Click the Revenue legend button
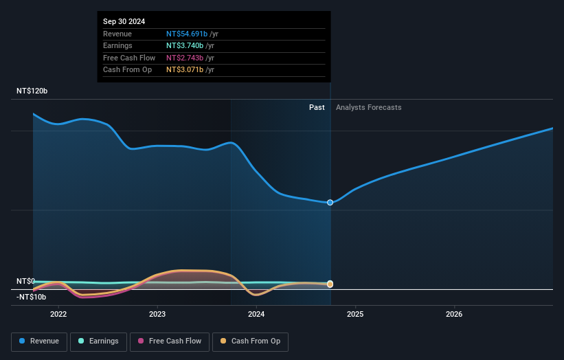pyautogui.click(x=39, y=341)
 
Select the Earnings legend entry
pyautogui.click(x=98, y=341)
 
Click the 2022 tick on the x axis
pyautogui.click(x=58, y=315)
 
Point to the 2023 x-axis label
pyautogui.click(x=157, y=315)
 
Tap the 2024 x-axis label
pyautogui.click(x=256, y=315)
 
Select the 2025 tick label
pyautogui.click(x=355, y=315)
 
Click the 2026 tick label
pyautogui.click(x=454, y=315)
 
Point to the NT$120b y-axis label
pyautogui.click(x=33, y=91)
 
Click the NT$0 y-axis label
pyautogui.click(x=27, y=281)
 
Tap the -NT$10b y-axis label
pyautogui.click(x=32, y=297)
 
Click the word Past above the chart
pyautogui.click(x=317, y=107)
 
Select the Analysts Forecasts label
pyautogui.click(x=368, y=107)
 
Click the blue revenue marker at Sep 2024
pyautogui.click(x=330, y=203)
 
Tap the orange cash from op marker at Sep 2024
pyautogui.click(x=330, y=284)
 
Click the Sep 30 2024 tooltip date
pyautogui.click(x=124, y=22)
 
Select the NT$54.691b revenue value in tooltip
pyautogui.click(x=186, y=34)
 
